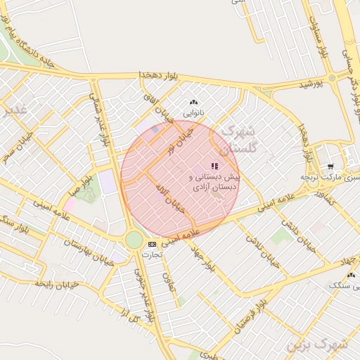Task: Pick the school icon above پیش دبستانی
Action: pos(214,166)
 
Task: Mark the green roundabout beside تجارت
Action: pos(134,240)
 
